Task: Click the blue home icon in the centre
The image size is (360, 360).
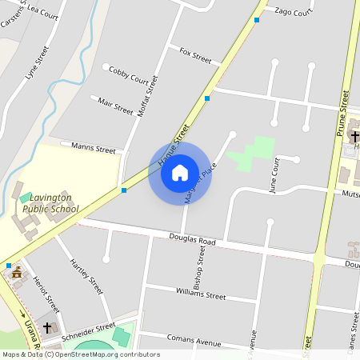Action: pos(180,173)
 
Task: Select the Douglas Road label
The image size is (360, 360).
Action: pos(193,239)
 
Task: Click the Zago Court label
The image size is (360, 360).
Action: pos(293,12)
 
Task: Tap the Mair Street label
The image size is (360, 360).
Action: pos(115,105)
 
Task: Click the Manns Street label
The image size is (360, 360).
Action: pos(94,148)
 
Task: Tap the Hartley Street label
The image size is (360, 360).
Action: pos(86,274)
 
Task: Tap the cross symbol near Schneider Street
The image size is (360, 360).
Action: pos(47,328)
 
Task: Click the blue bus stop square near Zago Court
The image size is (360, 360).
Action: pos(256,20)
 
